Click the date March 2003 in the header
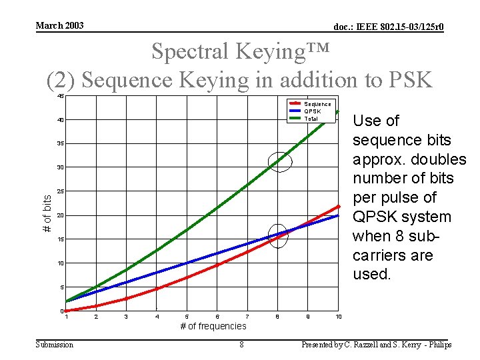click(x=59, y=25)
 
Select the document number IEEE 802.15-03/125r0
click(x=389, y=27)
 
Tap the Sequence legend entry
click(x=317, y=104)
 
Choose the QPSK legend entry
click(x=312, y=111)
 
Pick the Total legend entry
click(x=311, y=118)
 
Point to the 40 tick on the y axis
click(x=60, y=120)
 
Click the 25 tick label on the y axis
click(x=60, y=192)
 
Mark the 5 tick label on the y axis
click(x=61, y=288)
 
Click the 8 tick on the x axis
click(x=278, y=316)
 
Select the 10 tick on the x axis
click(x=339, y=316)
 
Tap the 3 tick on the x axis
click(x=127, y=316)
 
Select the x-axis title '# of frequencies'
click(x=213, y=326)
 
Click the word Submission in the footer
click(x=55, y=345)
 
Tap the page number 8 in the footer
click(x=241, y=345)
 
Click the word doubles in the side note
click(x=436, y=159)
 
